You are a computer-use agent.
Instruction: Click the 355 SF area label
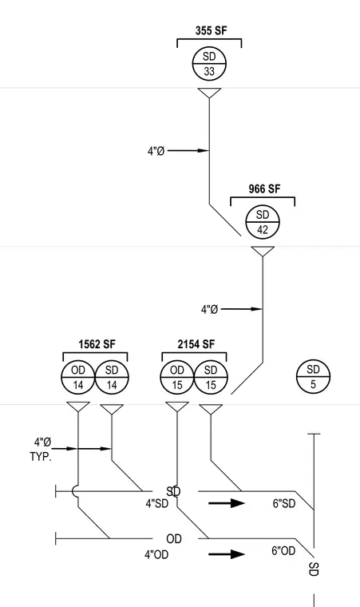pos(211,30)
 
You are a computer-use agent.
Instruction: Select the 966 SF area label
pos(264,189)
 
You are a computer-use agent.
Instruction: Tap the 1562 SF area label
pos(97,344)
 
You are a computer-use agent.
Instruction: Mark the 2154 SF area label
pos(196,344)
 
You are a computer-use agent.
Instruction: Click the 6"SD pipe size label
pos(284,504)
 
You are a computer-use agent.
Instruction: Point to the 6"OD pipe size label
pos(283,551)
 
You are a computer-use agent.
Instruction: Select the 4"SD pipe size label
pos(157,504)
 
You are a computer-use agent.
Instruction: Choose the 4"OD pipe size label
pos(156,555)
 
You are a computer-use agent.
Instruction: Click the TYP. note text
pos(41,457)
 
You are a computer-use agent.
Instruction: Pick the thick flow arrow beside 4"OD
pos(227,554)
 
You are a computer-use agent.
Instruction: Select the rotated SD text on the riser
pos(314,569)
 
